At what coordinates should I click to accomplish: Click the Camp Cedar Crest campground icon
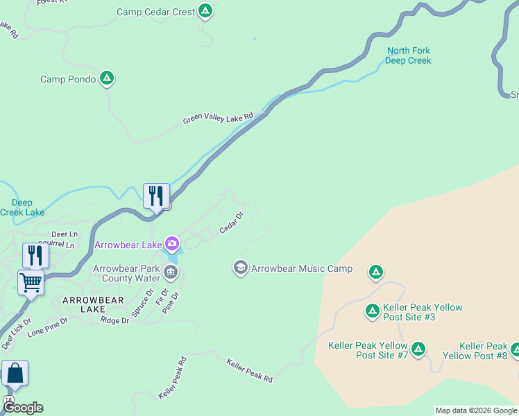tap(205, 11)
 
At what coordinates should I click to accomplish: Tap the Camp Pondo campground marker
tap(106, 78)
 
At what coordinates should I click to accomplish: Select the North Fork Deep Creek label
tap(409, 55)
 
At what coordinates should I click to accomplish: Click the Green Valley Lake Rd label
tap(219, 119)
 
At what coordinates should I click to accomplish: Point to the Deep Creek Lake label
tap(22, 207)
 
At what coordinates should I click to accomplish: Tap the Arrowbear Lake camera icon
tap(171, 244)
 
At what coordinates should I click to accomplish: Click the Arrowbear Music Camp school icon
tap(241, 268)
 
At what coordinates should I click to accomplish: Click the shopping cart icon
tap(31, 283)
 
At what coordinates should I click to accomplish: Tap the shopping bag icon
tap(15, 373)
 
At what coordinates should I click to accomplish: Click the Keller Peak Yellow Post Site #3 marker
tap(373, 311)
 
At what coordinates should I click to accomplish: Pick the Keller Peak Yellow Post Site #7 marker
tap(418, 349)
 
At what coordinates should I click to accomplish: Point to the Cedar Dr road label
tap(232, 223)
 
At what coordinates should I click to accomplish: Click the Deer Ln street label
tap(65, 235)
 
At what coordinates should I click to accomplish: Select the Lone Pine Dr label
tap(47, 327)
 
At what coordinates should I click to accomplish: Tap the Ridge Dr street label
tap(114, 320)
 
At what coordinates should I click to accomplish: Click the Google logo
tap(23, 408)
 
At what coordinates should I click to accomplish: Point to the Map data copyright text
tap(476, 410)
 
